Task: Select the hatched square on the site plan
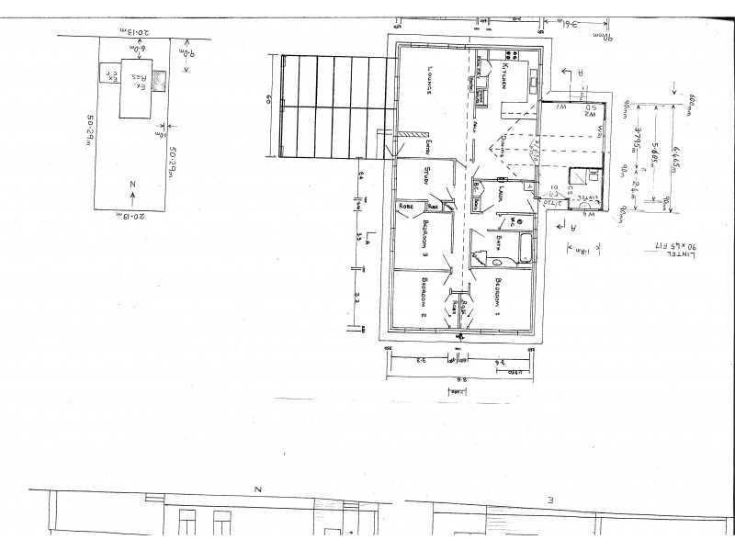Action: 160,80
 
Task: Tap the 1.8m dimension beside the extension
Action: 583,247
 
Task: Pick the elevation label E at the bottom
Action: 549,500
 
